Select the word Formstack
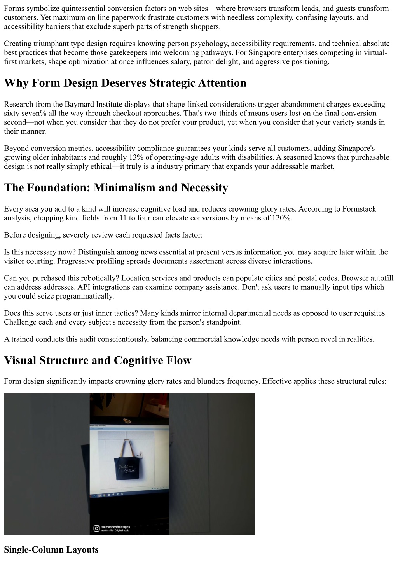(359, 209)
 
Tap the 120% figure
(281, 218)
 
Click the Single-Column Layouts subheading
(51, 549)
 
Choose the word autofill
(381, 278)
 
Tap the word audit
(87, 339)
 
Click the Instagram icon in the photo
(96, 528)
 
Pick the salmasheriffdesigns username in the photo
(115, 527)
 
